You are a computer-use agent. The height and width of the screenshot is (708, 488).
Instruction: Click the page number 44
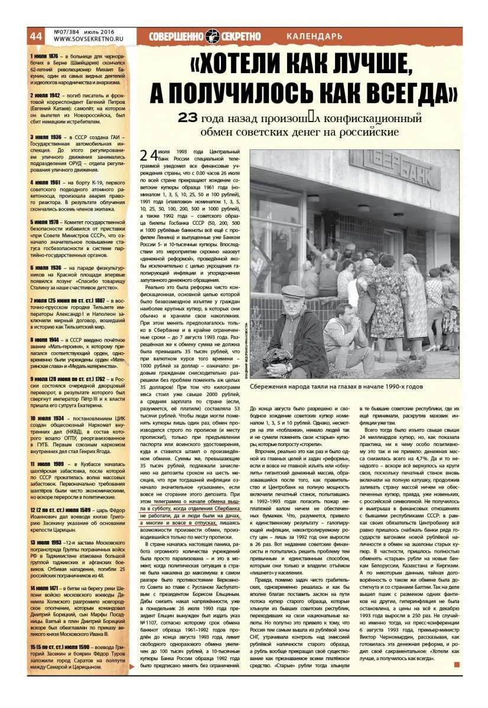36,35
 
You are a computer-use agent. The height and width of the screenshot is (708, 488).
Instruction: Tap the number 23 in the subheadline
189,118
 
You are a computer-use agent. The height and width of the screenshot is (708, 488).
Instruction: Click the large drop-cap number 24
149,156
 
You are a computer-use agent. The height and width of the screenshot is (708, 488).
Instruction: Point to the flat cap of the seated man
292,291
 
